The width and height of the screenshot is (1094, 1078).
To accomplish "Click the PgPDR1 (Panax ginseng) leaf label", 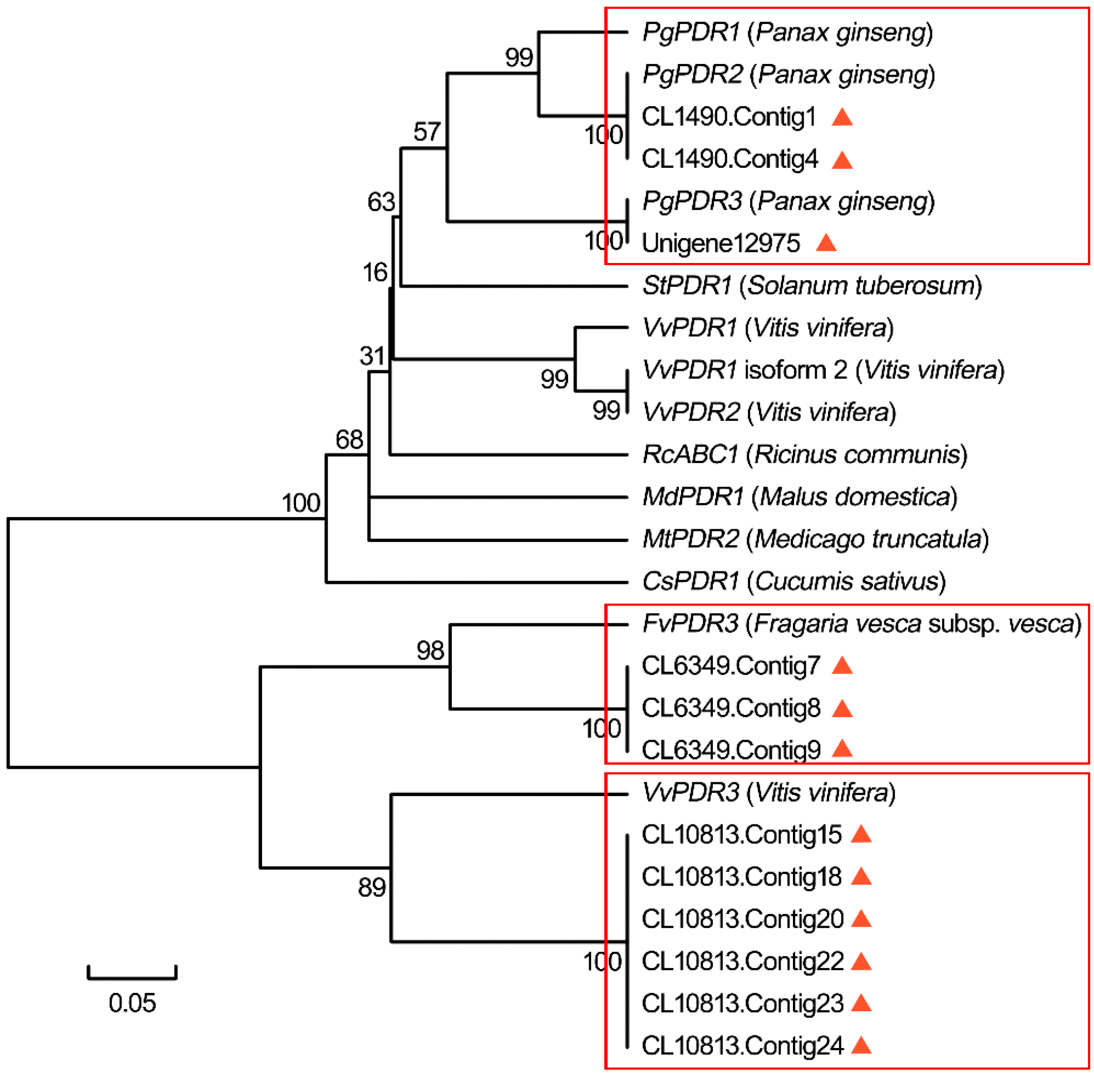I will [787, 32].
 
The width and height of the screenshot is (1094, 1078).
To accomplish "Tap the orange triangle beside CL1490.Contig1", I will [842, 117].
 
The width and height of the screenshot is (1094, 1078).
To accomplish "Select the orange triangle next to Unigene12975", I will [826, 244].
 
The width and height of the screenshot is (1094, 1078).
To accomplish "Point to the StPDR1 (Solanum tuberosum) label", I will [811, 286].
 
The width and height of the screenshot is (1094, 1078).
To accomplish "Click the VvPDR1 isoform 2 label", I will [823, 370].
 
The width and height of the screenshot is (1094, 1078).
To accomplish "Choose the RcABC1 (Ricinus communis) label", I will [805, 454].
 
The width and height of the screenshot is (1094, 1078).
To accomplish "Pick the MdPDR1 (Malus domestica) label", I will [800, 497].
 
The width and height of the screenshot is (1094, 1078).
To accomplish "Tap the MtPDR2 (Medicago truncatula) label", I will [815, 539].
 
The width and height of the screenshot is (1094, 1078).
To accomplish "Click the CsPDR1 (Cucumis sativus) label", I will [794, 581].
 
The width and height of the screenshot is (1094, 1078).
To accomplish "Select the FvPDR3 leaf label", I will [861, 624].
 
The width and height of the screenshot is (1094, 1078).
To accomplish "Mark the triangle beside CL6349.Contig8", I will [842, 708].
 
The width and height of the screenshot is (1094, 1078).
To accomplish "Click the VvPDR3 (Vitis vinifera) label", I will [768, 792].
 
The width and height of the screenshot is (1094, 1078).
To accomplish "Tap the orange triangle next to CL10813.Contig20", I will [861, 919].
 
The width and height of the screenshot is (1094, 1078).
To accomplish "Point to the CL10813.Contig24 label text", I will [742, 1046].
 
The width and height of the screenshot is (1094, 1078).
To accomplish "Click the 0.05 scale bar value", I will [132, 1003].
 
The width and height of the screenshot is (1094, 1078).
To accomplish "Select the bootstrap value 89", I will [372, 887].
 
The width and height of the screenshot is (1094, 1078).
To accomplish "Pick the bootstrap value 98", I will [430, 651].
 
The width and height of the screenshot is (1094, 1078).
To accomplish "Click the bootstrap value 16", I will [375, 273].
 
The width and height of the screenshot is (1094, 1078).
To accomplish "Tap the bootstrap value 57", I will [426, 132].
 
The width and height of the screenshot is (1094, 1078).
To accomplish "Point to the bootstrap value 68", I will [349, 440].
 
